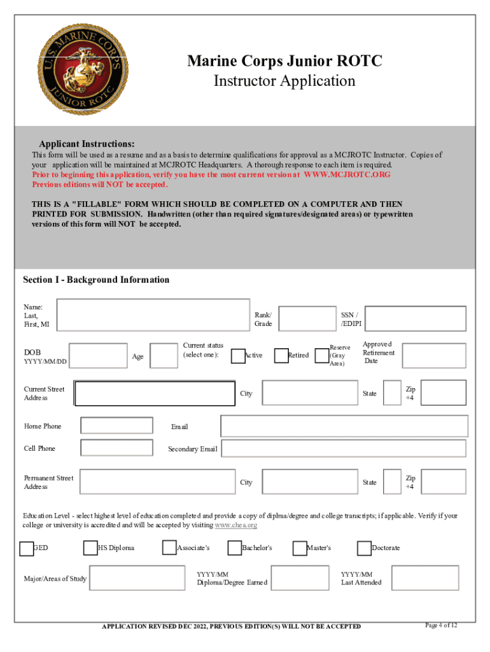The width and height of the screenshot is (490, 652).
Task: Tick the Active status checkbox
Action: (238, 355)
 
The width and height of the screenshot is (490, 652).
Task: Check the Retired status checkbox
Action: (281, 355)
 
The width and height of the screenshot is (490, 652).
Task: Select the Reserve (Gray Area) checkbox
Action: (322, 355)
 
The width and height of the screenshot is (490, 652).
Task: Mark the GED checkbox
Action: (26, 548)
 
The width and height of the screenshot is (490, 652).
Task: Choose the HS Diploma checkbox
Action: (90, 548)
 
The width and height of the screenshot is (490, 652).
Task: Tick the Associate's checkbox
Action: (169, 548)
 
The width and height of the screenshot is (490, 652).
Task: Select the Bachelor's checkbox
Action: (235, 548)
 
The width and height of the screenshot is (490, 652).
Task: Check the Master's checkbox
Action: (300, 548)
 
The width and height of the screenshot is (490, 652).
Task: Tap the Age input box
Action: (164, 356)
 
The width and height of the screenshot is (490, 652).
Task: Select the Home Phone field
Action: (117, 425)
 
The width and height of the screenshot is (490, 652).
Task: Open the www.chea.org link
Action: (236, 525)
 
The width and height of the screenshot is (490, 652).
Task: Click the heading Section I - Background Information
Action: (96, 280)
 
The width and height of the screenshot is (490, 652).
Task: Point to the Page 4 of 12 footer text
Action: (440, 625)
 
